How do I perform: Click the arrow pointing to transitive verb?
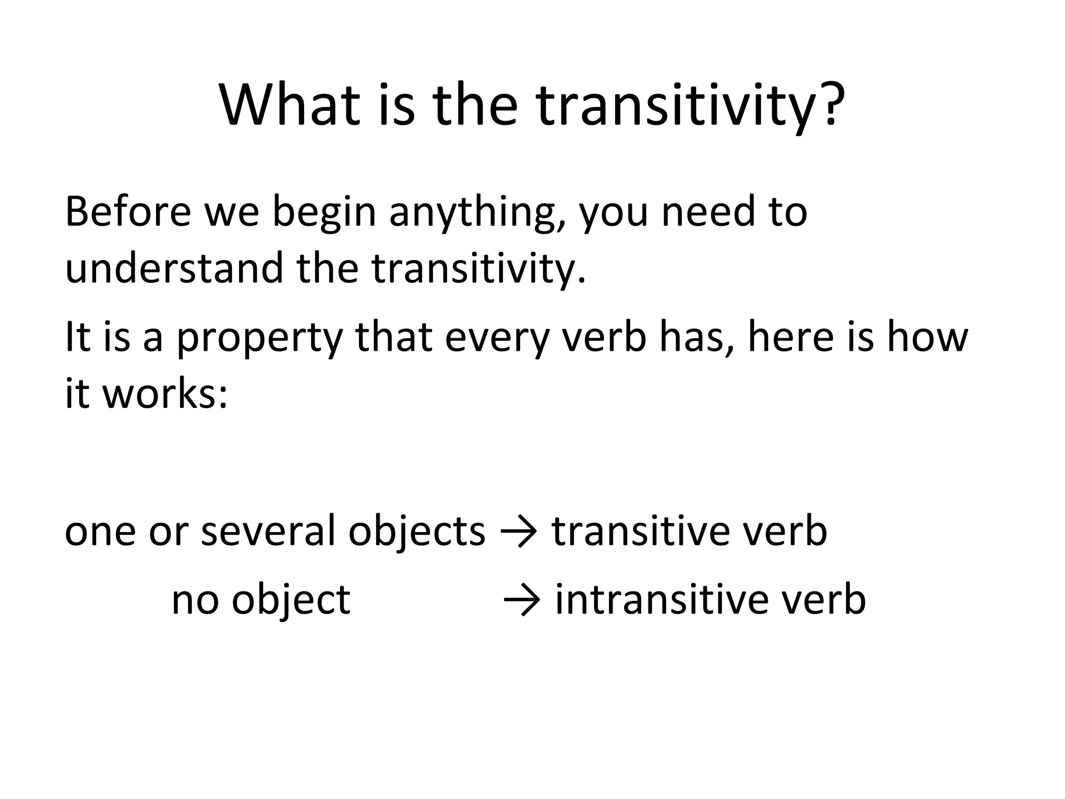coord(518,533)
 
